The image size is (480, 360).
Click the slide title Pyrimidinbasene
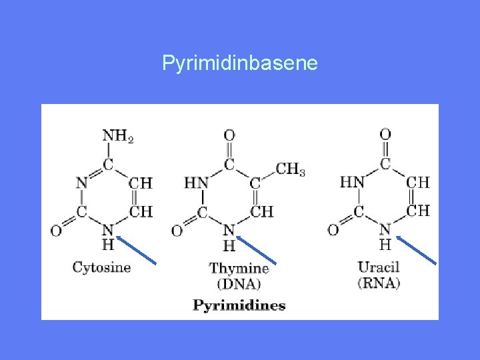[x=240, y=64]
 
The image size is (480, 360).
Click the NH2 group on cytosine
[x=117, y=136]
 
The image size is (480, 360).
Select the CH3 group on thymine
[x=291, y=169]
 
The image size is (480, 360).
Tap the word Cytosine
[x=101, y=267]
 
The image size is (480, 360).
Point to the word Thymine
[x=239, y=269]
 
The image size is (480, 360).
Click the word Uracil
[x=378, y=267]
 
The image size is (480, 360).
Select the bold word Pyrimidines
[x=239, y=306]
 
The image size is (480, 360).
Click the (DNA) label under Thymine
[x=239, y=284]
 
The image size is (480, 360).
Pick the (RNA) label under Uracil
[x=379, y=283]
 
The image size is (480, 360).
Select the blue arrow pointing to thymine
[x=256, y=249]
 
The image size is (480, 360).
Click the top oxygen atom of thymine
[x=229, y=135]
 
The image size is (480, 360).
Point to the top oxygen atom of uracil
[x=385, y=134]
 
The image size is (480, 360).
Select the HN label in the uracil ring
[x=352, y=181]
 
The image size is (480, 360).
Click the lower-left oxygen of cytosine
[x=56, y=231]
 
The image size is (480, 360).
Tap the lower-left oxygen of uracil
[x=333, y=230]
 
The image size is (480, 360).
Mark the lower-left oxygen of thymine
[x=177, y=231]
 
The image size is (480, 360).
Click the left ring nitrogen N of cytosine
[x=81, y=182]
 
